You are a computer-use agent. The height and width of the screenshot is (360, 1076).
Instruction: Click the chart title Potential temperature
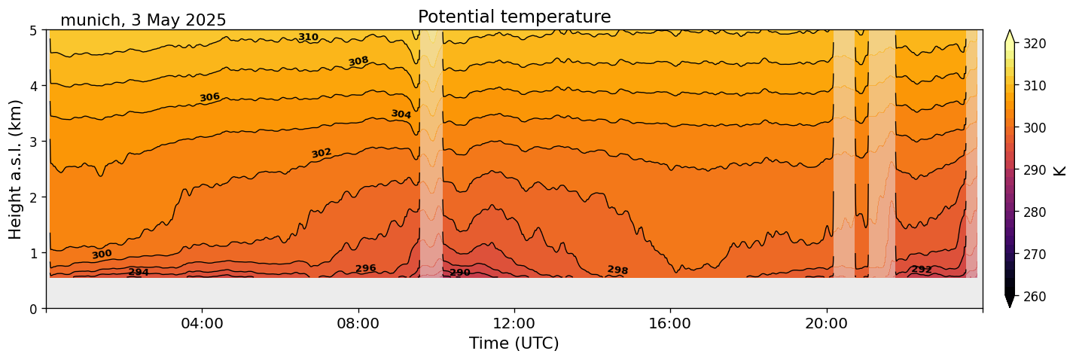pos(514,17)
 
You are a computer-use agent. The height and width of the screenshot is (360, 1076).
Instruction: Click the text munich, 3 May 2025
pos(143,20)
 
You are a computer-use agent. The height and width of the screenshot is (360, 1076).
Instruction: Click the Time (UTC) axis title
pos(514,343)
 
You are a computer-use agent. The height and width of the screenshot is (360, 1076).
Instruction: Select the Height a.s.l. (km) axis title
pos(16,169)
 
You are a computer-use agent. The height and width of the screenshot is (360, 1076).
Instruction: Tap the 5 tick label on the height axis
pos(34,31)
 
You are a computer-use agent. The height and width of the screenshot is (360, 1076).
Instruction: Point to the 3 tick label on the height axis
pos(34,142)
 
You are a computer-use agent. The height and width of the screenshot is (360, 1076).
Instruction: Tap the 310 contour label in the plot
pos(308,37)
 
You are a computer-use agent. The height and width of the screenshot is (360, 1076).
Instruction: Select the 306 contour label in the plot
pos(209,97)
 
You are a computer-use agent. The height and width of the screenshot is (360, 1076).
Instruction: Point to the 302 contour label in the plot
pos(322,153)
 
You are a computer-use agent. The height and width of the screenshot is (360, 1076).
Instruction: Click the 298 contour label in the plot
pos(617,270)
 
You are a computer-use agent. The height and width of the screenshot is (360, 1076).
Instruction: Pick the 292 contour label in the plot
pos(922,269)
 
